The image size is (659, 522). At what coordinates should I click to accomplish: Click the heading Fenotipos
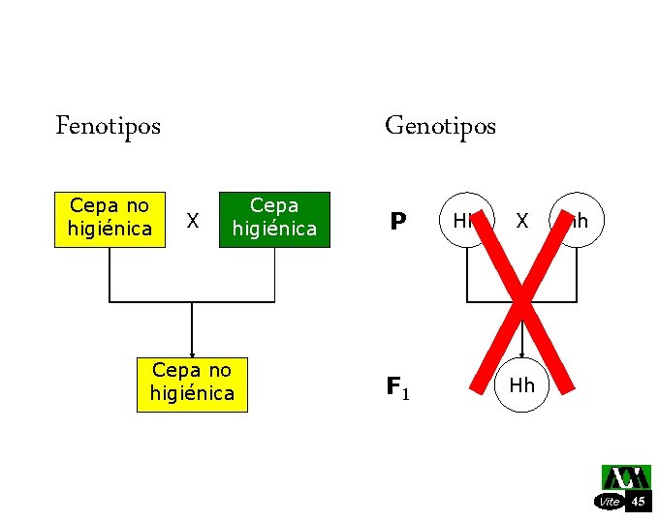pyautogui.click(x=109, y=126)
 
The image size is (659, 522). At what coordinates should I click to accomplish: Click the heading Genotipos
pyautogui.click(x=440, y=126)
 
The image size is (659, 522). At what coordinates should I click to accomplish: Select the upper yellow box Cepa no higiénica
pyautogui.click(x=110, y=218)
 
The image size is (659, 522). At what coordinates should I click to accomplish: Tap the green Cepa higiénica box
pyautogui.click(x=274, y=218)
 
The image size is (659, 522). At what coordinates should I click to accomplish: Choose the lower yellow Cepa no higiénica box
pyautogui.click(x=192, y=384)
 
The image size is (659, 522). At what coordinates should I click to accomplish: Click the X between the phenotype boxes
pyautogui.click(x=193, y=222)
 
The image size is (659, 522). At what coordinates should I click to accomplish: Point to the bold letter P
pyautogui.click(x=397, y=223)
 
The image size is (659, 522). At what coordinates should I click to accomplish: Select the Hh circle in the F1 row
pyautogui.click(x=521, y=385)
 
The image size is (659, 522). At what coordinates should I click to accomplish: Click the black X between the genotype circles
pyautogui.click(x=521, y=221)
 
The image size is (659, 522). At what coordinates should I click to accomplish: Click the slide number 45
pyautogui.click(x=638, y=502)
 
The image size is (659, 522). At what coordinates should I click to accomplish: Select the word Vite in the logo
pyautogui.click(x=610, y=502)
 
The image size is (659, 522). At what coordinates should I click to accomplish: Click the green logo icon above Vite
pyautogui.click(x=625, y=477)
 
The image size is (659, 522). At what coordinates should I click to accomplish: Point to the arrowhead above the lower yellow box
pyautogui.click(x=192, y=354)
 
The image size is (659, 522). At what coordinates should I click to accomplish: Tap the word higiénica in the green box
pyautogui.click(x=274, y=229)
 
